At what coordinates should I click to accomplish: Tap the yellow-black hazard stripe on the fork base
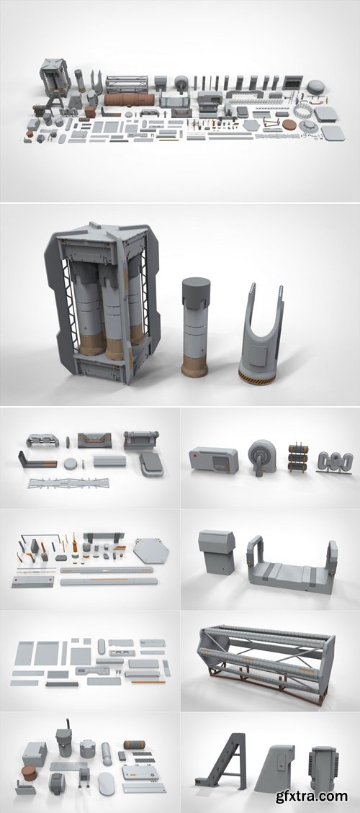(257, 378)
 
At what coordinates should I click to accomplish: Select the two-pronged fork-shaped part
(261, 331)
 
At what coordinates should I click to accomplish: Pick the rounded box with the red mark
(214, 459)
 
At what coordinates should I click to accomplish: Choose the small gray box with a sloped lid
(215, 552)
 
